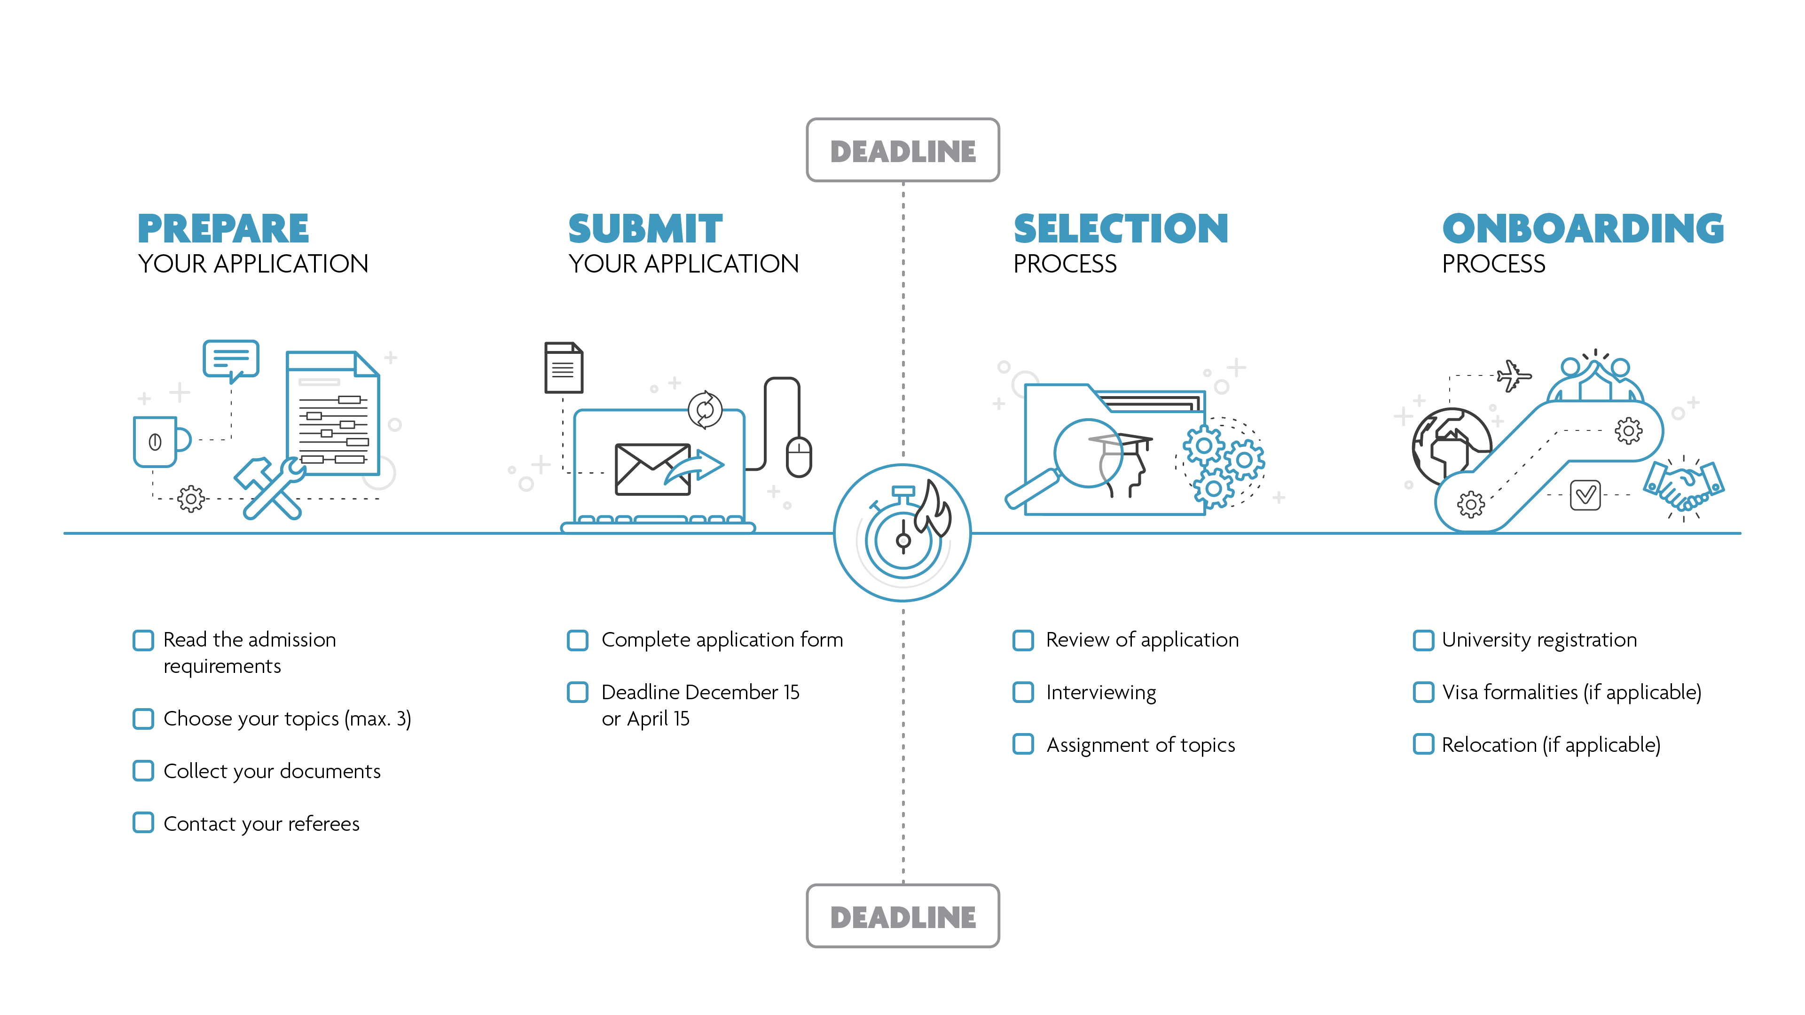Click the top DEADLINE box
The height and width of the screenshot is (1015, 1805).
[x=902, y=150]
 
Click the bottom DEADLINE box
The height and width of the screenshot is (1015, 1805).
[x=902, y=916]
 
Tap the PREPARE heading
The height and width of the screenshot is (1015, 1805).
[x=223, y=228]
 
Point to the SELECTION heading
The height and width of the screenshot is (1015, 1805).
[x=1121, y=228]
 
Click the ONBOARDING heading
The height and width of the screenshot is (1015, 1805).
[x=1583, y=228]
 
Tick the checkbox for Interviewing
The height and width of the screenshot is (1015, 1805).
[x=1023, y=692]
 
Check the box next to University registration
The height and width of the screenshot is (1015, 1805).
[x=1423, y=640]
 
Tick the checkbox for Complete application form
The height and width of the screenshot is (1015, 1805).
[x=577, y=640]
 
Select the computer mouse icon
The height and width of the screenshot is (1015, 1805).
[x=799, y=457]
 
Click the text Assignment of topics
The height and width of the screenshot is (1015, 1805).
[x=1140, y=745]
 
